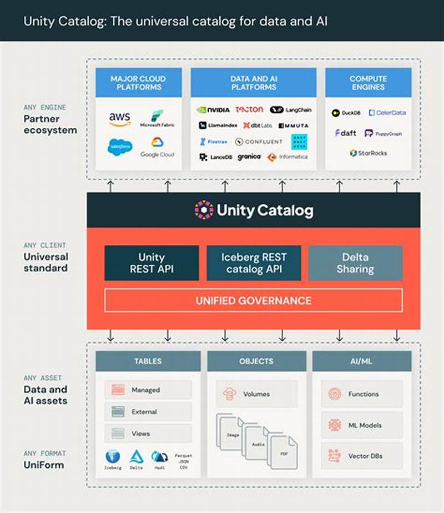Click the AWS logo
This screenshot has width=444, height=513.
(119, 118)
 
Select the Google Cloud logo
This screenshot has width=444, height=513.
(157, 147)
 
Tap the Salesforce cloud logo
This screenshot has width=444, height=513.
(120, 147)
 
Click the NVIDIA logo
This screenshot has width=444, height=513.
(213, 110)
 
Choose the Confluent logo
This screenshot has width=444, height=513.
(259, 142)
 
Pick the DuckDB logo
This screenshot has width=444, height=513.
(346, 113)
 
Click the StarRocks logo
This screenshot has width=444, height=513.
(369, 153)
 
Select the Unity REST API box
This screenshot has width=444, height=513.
(152, 263)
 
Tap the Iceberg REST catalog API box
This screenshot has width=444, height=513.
(254, 263)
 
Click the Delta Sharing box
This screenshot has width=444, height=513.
(355, 263)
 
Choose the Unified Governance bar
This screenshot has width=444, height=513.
(253, 300)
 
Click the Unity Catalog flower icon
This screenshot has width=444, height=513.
(204, 210)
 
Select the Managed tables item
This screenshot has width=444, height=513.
(148, 390)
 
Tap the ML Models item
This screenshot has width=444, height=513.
(362, 425)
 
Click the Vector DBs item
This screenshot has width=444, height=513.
(362, 456)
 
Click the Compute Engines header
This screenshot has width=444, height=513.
(368, 83)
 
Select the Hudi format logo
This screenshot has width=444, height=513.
(160, 458)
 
